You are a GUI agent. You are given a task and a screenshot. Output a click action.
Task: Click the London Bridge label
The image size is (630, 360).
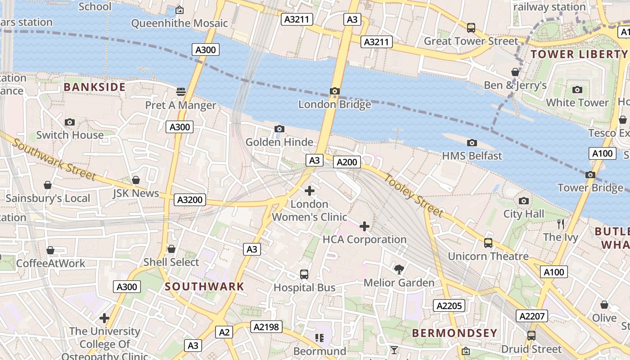click(x=334, y=104)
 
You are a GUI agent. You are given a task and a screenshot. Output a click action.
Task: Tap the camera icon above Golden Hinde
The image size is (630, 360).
click(x=279, y=129)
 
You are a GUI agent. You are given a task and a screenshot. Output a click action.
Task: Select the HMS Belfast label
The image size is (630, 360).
click(x=472, y=156)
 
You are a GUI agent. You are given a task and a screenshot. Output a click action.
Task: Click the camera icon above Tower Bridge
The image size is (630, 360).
click(x=590, y=175)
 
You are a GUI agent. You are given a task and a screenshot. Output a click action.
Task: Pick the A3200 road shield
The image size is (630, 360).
click(x=190, y=200)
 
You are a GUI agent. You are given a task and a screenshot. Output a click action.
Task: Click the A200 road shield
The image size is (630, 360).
click(x=347, y=162)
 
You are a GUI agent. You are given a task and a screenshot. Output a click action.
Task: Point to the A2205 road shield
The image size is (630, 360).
click(x=449, y=306)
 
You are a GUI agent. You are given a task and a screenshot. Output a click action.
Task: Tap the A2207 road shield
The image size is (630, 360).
click(x=532, y=316)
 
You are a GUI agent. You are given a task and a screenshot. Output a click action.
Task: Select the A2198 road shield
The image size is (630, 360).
click(x=266, y=327)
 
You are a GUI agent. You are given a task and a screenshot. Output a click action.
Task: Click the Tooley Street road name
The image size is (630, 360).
click(x=413, y=194)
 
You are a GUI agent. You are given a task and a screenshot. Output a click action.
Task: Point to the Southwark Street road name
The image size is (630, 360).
click(x=54, y=159)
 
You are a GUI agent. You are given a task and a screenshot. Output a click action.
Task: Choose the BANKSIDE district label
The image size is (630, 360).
click(x=94, y=87)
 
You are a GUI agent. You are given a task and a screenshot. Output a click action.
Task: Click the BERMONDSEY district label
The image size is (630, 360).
click(x=455, y=333)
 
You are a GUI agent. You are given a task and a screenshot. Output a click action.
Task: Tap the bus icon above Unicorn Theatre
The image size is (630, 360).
click(x=488, y=243)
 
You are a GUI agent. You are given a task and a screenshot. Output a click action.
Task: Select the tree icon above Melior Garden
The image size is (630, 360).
click(x=399, y=269)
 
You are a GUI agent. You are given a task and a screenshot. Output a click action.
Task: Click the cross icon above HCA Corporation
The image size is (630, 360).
click(x=364, y=226)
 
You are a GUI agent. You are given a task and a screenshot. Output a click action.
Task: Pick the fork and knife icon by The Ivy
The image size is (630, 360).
click(x=560, y=224)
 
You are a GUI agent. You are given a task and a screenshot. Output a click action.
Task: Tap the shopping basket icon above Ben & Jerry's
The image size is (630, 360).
click(x=515, y=72)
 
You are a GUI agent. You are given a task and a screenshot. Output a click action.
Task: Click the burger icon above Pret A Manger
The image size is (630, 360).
click(x=181, y=92)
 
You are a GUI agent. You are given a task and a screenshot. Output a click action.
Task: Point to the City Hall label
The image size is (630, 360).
click(x=523, y=214)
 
